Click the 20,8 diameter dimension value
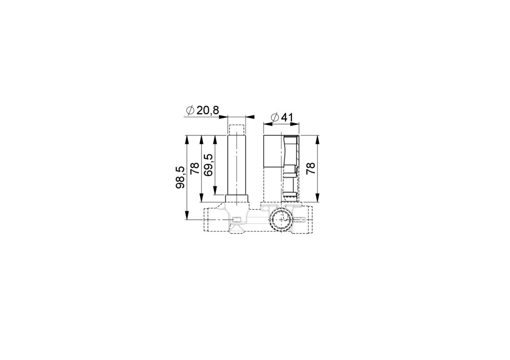pyautogui.click(x=207, y=110)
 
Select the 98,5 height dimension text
pyautogui.click(x=180, y=177)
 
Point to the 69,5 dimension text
pyautogui.click(x=208, y=165)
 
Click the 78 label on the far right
pyautogui.click(x=311, y=168)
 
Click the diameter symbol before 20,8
pyautogui.click(x=190, y=110)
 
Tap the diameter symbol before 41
pyautogui.click(x=275, y=117)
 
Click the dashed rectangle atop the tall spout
pyautogui.click(x=237, y=130)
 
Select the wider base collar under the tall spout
pyautogui.click(x=237, y=199)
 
